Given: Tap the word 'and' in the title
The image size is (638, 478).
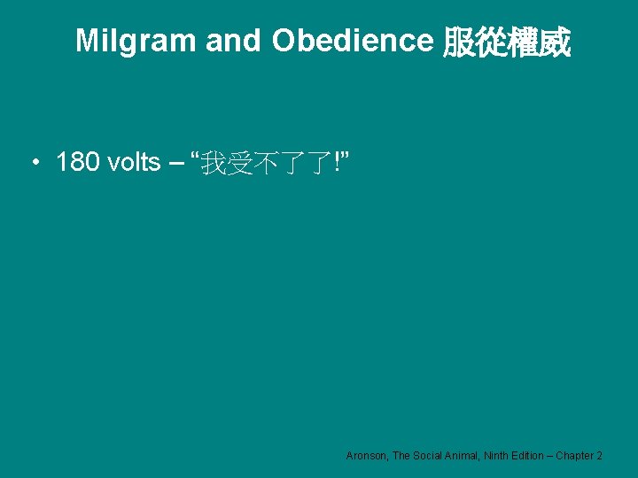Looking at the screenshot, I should [228, 41].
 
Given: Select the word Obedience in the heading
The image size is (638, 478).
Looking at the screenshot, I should [351, 41].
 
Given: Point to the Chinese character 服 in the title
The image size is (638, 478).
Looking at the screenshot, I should [459, 42].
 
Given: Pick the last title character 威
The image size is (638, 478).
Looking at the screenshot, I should [556, 42].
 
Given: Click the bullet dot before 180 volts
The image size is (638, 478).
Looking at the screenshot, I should [34, 163].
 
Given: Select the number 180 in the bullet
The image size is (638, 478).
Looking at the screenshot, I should [78, 163].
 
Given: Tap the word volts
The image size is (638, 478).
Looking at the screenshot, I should [133, 163].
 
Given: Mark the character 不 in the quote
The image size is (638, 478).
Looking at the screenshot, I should [266, 164].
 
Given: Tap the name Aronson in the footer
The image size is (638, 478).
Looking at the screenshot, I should [367, 455].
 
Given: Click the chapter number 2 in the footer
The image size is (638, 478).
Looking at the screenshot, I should [600, 455].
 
